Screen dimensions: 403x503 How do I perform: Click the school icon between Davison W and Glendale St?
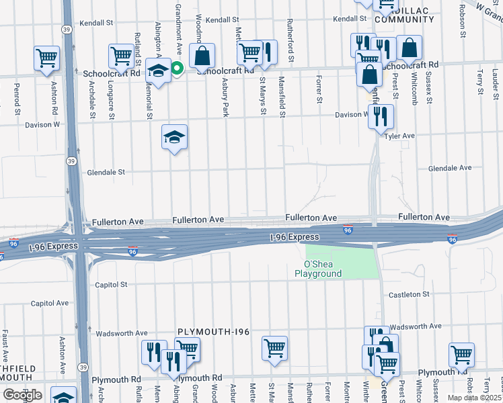tap(174, 137)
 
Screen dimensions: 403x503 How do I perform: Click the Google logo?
tap(22, 395)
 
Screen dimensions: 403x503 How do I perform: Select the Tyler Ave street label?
tap(399, 136)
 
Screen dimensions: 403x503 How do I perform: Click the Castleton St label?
tap(408, 294)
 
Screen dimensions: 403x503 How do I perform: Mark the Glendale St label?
tap(106, 172)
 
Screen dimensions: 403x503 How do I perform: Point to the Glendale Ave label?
tap(450, 168)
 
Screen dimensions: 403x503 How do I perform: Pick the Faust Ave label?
tap(5, 343)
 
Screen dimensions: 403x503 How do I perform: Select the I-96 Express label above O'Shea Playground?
tap(295, 237)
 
